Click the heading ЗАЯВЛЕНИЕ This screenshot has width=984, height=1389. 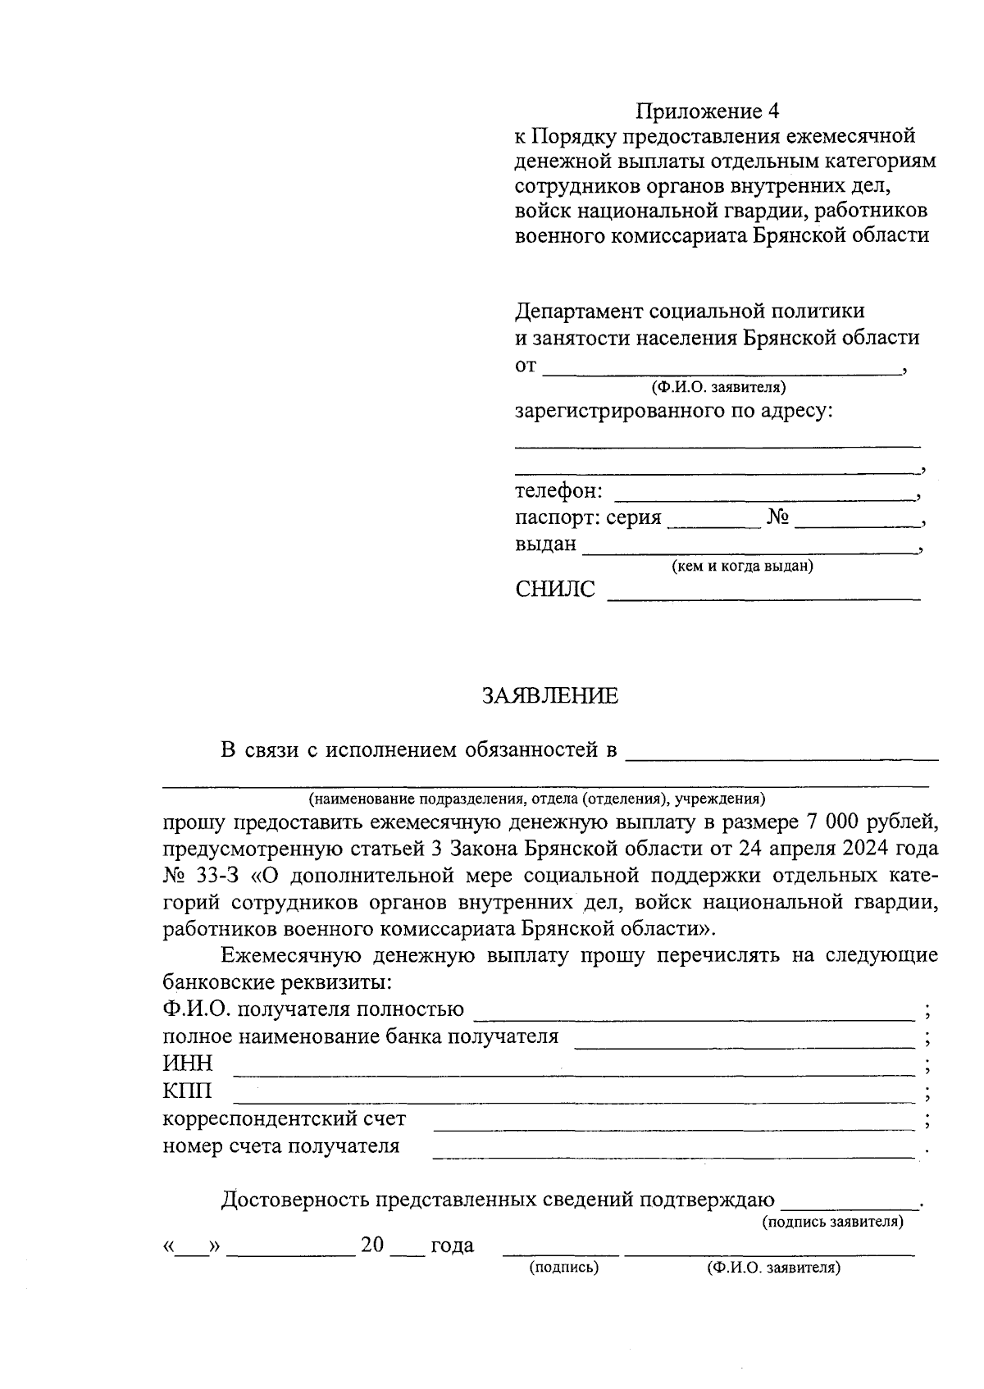pyautogui.click(x=549, y=696)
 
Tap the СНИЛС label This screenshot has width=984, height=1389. pyautogui.click(x=555, y=590)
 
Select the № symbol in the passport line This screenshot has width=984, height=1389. pyautogui.click(x=778, y=518)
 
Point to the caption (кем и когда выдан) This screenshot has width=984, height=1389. pyautogui.click(x=742, y=566)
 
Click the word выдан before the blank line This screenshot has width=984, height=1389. pyautogui.click(x=545, y=544)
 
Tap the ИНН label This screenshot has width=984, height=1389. pyautogui.click(x=188, y=1063)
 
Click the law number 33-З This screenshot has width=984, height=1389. pyautogui.click(x=217, y=875)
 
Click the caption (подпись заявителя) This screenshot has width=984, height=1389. pyautogui.click(x=833, y=1222)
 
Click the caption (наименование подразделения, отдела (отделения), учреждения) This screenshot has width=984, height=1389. pyautogui.click(x=536, y=798)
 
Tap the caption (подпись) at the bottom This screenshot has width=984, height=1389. pyautogui.click(x=563, y=1268)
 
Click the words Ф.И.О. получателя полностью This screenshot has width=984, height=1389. pyautogui.click(x=313, y=1009)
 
